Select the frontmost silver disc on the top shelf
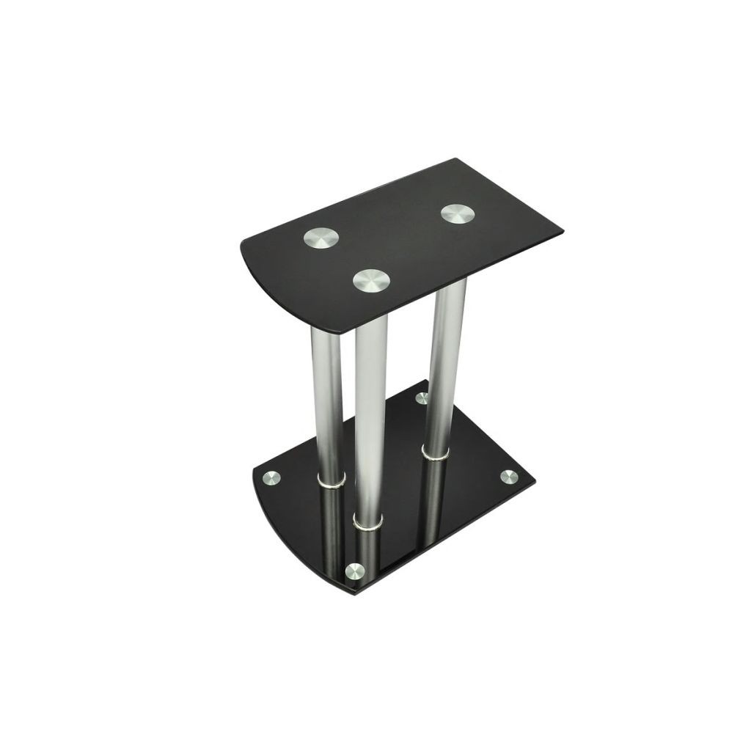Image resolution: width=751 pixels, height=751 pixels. tap(371, 279)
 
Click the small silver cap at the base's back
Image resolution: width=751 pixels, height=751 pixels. tap(422, 398)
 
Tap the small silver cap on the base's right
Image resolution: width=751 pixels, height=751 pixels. tap(507, 477)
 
